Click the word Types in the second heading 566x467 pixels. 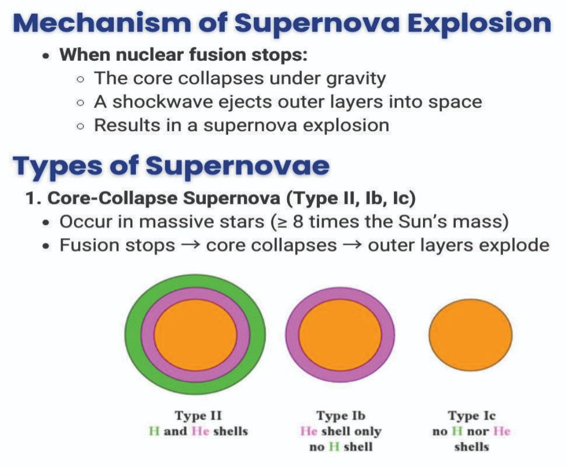click(57, 166)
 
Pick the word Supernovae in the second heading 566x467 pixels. click(237, 166)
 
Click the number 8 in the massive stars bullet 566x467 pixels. click(298, 222)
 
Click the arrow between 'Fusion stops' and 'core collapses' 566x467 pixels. click(190, 246)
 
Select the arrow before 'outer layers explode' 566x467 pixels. click(352, 246)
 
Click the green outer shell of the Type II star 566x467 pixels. click(132, 334)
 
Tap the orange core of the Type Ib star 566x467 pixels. click(340, 334)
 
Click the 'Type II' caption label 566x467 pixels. click(198, 416)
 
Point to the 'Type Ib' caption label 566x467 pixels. click(341, 416)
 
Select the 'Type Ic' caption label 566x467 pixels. click(471, 416)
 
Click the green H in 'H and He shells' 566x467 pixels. click(154, 431)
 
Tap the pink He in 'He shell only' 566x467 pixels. click(309, 431)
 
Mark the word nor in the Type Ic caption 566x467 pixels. click(478, 431)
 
